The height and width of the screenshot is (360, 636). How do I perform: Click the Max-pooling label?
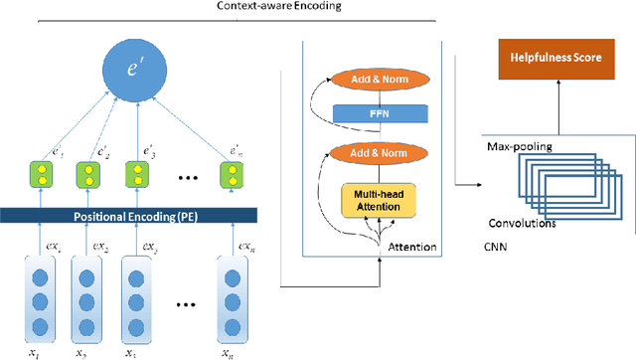click(518, 146)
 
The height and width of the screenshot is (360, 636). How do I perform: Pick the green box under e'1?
click(38, 176)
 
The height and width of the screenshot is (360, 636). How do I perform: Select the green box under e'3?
click(137, 176)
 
